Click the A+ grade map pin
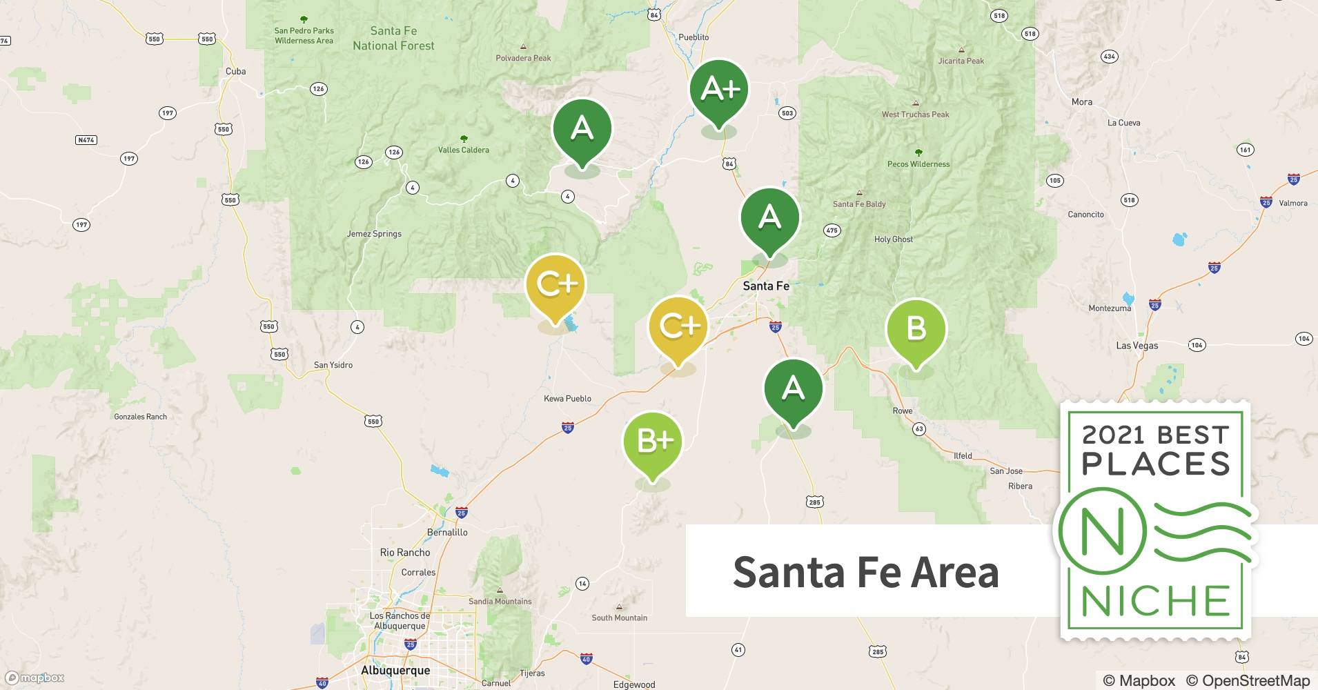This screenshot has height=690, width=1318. coord(719,90)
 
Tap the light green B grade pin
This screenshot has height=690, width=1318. coord(916,329)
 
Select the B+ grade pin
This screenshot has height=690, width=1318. coord(652,442)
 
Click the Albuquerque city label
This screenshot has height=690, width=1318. coord(395,670)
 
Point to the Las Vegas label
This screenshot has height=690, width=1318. coord(1137,346)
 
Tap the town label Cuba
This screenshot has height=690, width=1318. coord(235,71)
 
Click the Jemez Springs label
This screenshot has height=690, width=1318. coord(374,234)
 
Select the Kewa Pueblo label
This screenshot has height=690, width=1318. coord(567,398)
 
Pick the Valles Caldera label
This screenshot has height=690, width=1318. coord(464,150)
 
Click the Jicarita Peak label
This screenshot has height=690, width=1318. coord(961,61)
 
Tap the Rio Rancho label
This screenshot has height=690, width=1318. coord(405,553)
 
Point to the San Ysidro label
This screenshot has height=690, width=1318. coord(333,365)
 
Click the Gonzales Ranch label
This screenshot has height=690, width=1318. coord(140,417)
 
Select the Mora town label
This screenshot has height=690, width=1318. coord(1081,102)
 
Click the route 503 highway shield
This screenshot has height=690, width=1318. coord(787,113)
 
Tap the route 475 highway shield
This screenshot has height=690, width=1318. coord(832,230)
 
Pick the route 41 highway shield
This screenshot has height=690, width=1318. coord(738,650)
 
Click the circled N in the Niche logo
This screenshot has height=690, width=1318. coord(1102,532)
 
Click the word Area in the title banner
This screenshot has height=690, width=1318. coord(954,572)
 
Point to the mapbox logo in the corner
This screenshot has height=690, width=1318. coord(35,678)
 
